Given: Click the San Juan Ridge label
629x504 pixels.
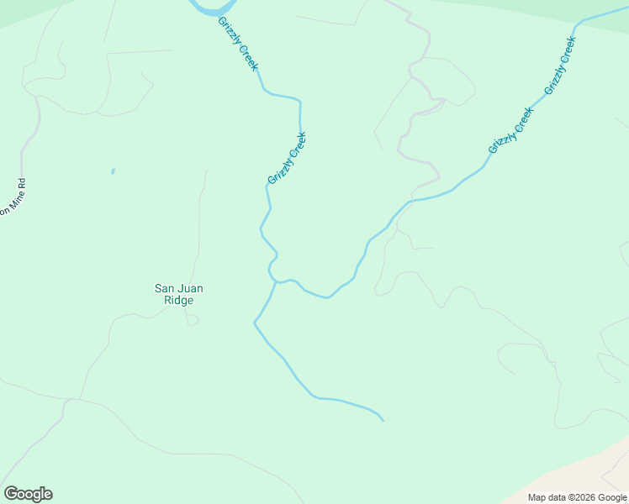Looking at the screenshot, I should (178, 294).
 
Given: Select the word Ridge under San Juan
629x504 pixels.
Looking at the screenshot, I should (178, 301).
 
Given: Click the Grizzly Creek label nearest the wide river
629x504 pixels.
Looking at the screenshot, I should (238, 44).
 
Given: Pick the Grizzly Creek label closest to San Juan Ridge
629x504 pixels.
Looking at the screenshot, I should (287, 158).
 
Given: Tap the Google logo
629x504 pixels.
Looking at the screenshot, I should (28, 494).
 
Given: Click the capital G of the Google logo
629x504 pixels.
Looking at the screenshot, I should (10, 494).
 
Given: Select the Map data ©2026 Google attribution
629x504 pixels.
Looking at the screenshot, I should (577, 497).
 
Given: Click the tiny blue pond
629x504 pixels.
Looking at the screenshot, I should (113, 171).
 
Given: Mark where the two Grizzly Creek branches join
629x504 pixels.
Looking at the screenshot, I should (275, 282).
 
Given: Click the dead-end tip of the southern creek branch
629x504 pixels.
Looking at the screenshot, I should (383, 420).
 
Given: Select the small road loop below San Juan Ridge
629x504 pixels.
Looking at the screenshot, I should (192, 319).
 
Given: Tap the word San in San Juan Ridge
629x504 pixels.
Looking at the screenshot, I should (164, 289).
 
